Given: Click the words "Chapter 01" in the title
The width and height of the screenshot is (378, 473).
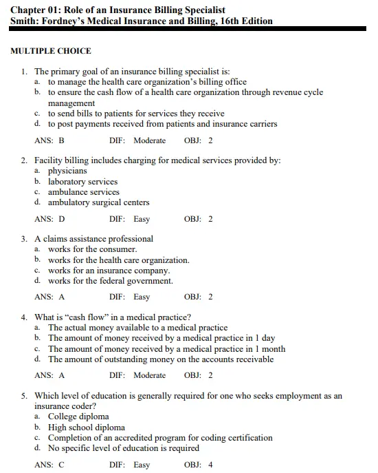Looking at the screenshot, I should pos(35,9).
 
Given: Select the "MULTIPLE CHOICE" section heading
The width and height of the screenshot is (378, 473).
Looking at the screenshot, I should pos(51,51).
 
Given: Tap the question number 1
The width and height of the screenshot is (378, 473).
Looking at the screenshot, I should pos(24,71).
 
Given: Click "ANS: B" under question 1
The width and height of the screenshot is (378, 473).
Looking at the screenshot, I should pos(49,140).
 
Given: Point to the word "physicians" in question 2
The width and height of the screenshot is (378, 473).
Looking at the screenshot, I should pos(67,171).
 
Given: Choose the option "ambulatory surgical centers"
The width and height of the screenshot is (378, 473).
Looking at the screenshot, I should pos(98,202).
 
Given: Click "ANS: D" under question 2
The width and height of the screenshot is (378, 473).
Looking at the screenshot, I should pos(49,219).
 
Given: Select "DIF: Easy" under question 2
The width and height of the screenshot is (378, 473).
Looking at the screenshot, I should pos(129,219).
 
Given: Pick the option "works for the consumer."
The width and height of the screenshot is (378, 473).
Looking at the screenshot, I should pos(92,249).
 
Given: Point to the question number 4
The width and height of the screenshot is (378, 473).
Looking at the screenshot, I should pos(24,317).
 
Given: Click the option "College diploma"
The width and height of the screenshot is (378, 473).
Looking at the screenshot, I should pos(78,417).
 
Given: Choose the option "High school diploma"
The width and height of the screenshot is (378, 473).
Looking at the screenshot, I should pos(86,427).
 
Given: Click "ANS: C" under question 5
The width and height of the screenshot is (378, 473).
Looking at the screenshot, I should pos(49,465).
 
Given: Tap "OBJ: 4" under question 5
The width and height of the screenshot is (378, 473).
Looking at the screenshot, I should pos(199,465).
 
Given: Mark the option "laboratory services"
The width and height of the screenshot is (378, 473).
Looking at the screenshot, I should pos(82,182).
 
